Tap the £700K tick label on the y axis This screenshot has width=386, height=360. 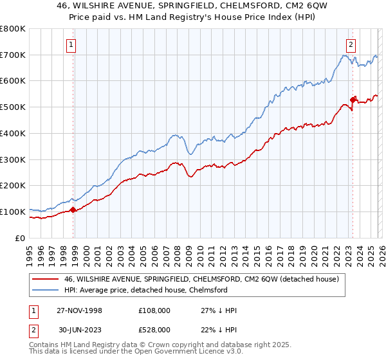point(13,55)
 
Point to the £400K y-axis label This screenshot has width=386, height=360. point(13,133)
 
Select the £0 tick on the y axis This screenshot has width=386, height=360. point(19,238)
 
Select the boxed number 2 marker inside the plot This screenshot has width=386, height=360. point(351,44)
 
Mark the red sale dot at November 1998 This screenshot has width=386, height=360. point(73,209)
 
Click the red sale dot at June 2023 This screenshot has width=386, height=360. point(353,100)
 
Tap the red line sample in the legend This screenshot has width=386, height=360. point(47,278)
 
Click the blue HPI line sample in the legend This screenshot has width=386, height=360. point(47,290)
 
